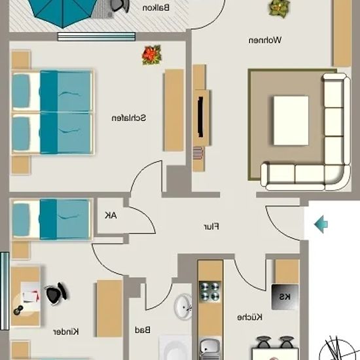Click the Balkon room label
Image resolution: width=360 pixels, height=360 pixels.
(156, 8)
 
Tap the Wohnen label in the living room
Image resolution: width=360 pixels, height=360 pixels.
(265, 40)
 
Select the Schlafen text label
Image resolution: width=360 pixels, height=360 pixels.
(129, 118)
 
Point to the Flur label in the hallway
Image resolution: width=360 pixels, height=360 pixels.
(211, 226)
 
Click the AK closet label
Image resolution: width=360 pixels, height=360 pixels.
(111, 215)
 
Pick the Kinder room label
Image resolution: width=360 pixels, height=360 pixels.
(66, 332)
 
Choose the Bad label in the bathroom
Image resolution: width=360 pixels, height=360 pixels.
(143, 330)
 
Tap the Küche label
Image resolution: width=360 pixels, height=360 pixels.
(249, 317)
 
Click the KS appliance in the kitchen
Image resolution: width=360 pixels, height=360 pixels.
(285, 297)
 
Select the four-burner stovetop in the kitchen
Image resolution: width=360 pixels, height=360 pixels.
(210, 291)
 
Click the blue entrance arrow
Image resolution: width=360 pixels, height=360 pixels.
(321, 224)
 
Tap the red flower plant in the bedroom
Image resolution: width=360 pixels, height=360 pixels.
(152, 55)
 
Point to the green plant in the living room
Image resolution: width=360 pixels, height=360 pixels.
(279, 8)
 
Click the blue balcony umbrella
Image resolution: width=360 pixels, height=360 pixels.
(63, 12)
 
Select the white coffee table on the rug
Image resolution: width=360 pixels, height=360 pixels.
(291, 120)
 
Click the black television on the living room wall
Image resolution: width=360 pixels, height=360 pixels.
(200, 117)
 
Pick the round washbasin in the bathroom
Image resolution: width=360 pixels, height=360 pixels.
(183, 306)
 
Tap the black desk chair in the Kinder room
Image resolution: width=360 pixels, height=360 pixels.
(56, 294)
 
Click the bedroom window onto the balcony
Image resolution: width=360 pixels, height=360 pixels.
(96, 37)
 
